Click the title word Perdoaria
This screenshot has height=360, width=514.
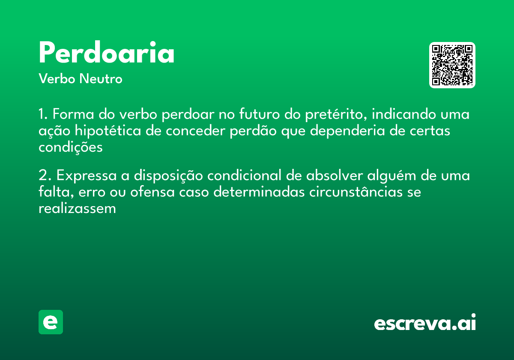(x=107, y=54)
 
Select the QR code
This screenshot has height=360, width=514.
(x=452, y=65)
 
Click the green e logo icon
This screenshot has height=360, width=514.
(x=51, y=322)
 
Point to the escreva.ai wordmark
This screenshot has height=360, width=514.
(x=425, y=323)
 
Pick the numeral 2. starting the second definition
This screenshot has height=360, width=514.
(x=44, y=176)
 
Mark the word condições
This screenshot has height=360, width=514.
(x=71, y=147)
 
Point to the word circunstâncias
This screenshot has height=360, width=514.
(x=356, y=192)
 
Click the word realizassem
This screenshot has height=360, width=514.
(x=77, y=209)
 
